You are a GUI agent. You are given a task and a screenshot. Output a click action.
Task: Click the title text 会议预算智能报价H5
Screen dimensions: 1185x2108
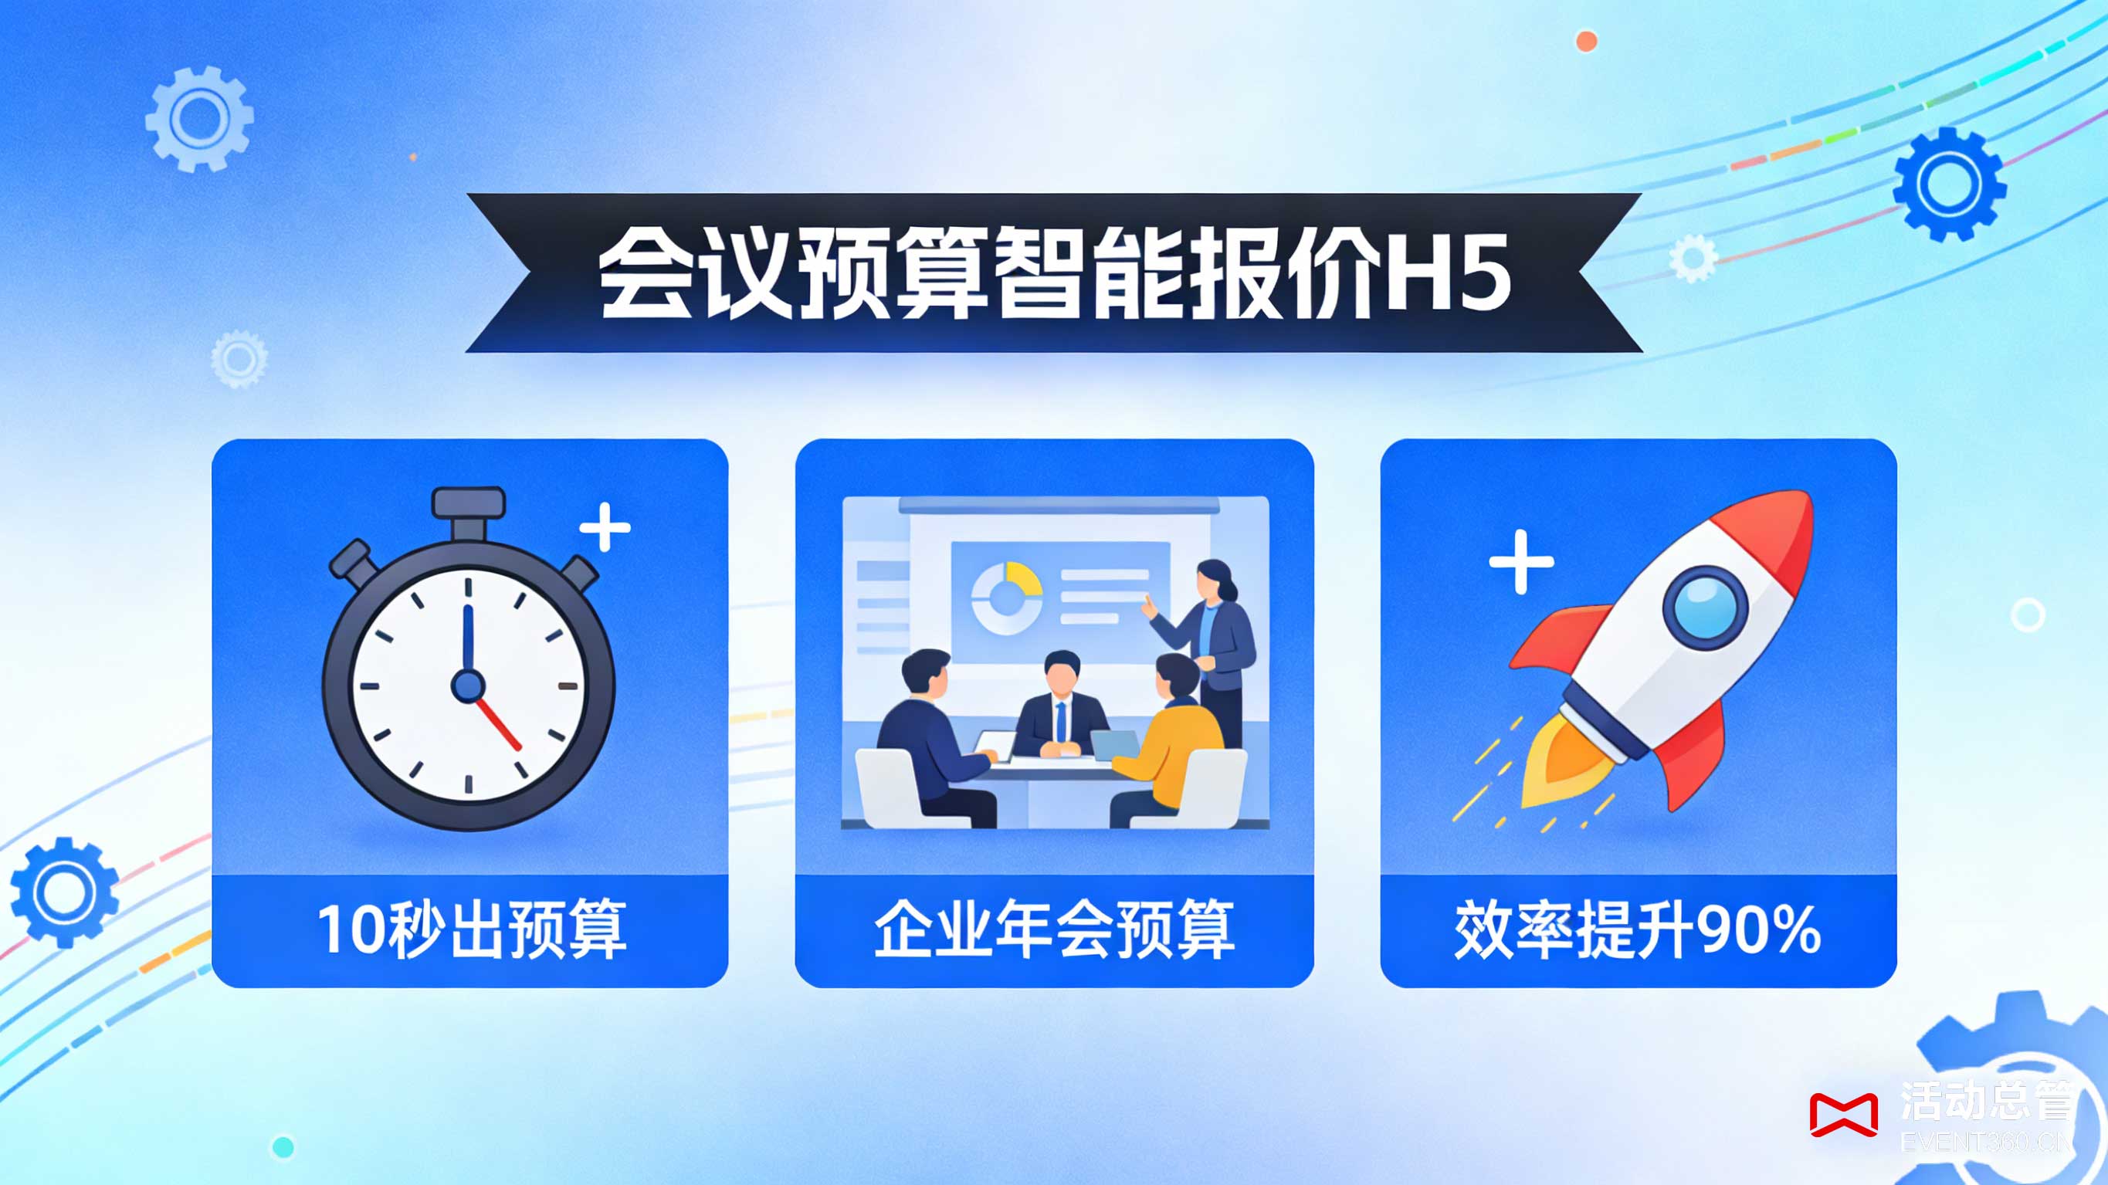(1054, 273)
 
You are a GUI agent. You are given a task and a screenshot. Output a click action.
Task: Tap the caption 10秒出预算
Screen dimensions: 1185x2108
(471, 929)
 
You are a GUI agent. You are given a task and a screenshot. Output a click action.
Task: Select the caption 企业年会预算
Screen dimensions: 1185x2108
(1054, 929)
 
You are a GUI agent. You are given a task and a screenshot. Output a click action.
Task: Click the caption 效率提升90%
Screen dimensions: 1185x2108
(1638, 929)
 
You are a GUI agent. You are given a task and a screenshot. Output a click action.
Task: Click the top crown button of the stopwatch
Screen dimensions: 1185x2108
(468, 503)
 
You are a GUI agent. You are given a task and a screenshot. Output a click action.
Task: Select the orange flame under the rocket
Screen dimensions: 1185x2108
(1559, 765)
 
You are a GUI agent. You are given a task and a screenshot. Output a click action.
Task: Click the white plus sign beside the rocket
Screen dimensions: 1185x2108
(1521, 561)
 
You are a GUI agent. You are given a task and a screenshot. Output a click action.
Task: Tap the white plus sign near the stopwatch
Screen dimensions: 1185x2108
(605, 528)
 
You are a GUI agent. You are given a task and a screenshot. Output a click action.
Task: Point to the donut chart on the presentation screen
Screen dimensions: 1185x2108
(1007, 598)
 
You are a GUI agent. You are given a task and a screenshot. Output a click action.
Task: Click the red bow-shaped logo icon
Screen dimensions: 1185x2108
(1843, 1115)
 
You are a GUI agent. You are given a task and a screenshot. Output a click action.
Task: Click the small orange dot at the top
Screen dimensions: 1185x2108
(1587, 41)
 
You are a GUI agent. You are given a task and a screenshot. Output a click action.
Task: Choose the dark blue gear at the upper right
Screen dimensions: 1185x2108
(1949, 185)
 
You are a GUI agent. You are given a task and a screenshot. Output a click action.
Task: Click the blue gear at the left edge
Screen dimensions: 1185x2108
(64, 892)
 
